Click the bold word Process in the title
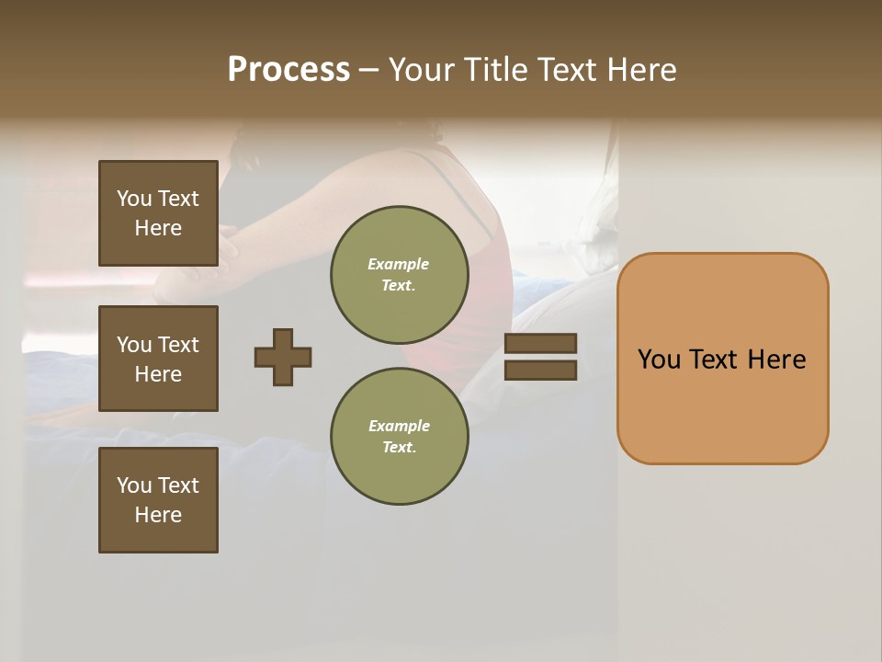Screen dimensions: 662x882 pos(288,70)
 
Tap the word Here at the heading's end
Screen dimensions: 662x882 pos(643,70)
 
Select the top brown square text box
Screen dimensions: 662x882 pos(158,213)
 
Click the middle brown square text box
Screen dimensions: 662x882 pos(158,359)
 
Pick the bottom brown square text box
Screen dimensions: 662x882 pos(158,500)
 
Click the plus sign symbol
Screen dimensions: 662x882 pos(283,357)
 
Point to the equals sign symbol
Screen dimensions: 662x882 pos(540,357)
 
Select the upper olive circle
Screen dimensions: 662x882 pos(400,275)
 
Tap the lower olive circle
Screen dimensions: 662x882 pos(400,437)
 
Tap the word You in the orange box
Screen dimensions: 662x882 pos(659,360)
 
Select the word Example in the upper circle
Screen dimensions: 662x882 pos(399,264)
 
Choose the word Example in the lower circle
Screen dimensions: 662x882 pos(399,426)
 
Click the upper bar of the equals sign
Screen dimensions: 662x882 pos(540,343)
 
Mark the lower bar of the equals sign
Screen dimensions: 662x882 pos(540,371)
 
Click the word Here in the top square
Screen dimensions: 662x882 pos(158,228)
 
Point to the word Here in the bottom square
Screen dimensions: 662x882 pos(158,515)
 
